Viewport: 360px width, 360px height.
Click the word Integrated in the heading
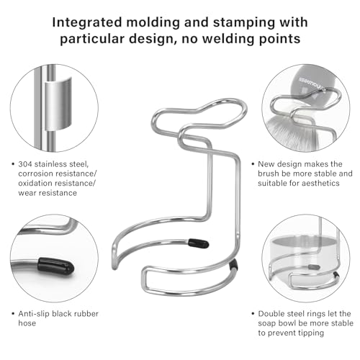87,23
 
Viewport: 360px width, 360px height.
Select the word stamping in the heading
243,23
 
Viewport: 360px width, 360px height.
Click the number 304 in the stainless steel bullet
25,164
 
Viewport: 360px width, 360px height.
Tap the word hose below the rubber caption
27,323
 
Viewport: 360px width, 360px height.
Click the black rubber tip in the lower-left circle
55,266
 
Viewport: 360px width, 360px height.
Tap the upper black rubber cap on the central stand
198,243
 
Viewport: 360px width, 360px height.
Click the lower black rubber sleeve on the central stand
233,265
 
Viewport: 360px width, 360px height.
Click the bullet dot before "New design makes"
253,164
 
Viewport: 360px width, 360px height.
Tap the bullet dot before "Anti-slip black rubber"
13,314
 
